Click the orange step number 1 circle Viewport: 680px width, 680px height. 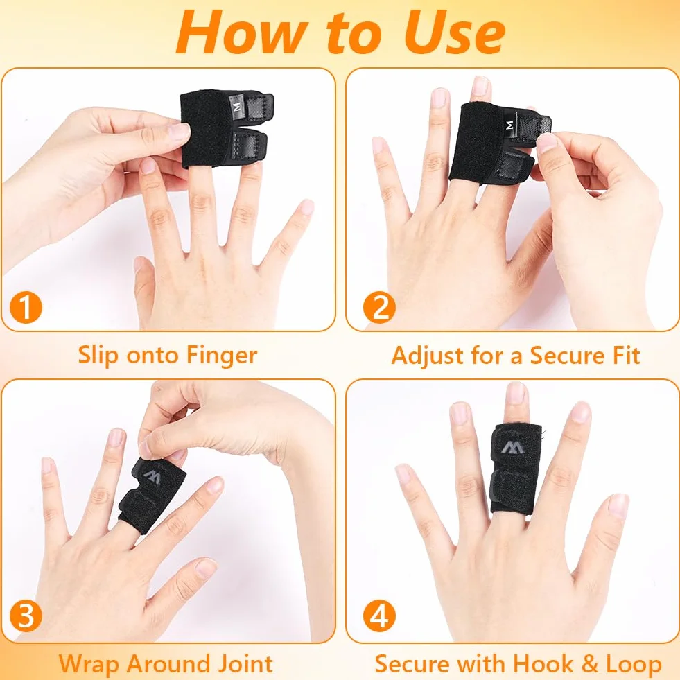pos(26,308)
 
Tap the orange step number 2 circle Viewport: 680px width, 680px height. pos(379,308)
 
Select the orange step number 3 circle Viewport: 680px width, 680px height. pos(26,616)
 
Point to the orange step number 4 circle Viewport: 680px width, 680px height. pos(379,616)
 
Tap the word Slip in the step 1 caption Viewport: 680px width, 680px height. pos(98,356)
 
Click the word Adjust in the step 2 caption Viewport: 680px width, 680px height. pos(427,356)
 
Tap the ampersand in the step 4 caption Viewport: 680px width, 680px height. pos(590,664)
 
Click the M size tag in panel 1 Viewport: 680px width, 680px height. pos(237,105)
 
